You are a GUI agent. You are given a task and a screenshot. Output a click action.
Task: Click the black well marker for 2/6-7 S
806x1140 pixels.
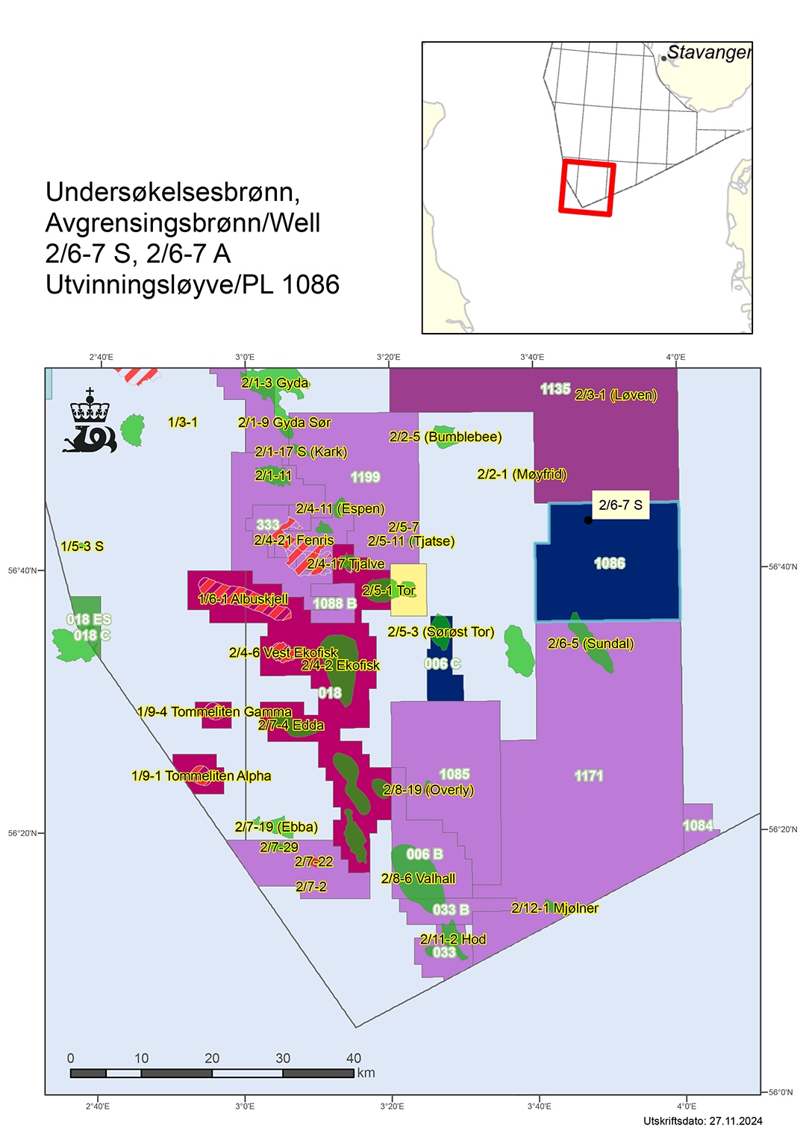[588, 520]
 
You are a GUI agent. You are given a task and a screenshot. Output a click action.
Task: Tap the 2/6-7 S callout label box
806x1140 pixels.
[620, 505]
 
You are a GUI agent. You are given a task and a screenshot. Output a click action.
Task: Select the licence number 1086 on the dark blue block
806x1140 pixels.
[610, 564]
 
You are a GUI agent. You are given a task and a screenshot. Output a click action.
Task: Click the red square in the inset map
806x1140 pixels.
[587, 188]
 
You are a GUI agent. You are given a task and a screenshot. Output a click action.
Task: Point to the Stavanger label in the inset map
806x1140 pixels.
[708, 53]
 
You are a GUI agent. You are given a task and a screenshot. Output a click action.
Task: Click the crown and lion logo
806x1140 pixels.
[90, 422]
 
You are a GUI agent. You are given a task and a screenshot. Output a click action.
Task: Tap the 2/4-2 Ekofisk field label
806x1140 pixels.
[340, 665]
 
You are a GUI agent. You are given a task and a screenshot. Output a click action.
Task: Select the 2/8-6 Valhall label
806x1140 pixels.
[418, 879]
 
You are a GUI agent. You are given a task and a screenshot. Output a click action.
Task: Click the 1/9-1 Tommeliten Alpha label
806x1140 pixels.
[201, 776]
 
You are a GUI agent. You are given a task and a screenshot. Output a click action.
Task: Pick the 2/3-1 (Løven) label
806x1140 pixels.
[616, 395]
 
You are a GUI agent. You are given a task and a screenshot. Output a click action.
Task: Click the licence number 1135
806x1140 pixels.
[555, 389]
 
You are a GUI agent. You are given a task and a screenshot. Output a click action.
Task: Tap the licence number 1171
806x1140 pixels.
[589, 776]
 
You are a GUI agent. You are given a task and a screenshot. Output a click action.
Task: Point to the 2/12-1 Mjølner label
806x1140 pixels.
[554, 908]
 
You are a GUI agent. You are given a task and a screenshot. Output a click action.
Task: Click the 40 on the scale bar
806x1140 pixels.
[354, 1058]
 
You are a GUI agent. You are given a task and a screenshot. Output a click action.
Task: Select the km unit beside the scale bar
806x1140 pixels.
[366, 1073]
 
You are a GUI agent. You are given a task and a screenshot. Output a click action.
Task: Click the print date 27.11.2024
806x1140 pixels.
[735, 1121]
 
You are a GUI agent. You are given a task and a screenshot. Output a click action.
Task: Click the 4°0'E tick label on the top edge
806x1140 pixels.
[675, 357]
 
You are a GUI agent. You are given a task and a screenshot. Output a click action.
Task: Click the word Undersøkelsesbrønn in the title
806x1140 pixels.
[172, 193]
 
